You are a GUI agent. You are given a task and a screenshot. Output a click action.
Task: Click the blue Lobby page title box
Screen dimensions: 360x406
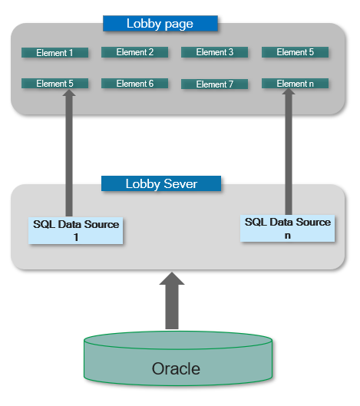[x=160, y=24]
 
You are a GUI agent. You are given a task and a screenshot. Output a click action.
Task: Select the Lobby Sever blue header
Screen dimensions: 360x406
[x=161, y=183]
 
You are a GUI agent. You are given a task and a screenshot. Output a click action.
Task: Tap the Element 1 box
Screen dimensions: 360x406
[x=54, y=52]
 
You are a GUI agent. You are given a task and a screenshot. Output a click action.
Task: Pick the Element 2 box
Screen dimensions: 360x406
[x=134, y=52]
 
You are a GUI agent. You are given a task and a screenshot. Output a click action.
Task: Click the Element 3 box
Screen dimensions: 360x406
[x=214, y=52]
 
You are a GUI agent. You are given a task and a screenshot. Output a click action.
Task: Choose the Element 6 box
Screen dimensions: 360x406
[x=134, y=84]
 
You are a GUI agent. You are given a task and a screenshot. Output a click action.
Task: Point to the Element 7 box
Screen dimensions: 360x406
[x=214, y=84]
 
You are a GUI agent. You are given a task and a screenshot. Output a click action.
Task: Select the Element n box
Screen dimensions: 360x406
[x=295, y=84]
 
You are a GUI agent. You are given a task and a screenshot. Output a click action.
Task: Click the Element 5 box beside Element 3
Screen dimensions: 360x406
[x=295, y=52]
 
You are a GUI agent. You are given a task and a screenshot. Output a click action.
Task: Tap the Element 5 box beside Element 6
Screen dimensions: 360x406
[x=54, y=84]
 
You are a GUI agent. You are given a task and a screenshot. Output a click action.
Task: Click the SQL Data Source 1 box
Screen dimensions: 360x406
[x=76, y=230]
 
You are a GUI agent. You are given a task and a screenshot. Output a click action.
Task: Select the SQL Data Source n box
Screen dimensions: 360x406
[x=288, y=229]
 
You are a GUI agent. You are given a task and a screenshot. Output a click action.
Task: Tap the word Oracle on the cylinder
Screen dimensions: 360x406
[x=176, y=368]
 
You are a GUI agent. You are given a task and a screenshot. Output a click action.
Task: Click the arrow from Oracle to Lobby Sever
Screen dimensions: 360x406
[x=172, y=301]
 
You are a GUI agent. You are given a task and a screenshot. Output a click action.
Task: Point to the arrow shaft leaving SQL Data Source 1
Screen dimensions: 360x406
[x=69, y=156]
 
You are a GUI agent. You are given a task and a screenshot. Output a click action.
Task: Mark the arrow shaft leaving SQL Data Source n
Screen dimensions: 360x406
[x=289, y=154]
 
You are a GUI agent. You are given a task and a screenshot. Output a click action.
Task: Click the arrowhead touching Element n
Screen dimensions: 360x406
[x=289, y=91]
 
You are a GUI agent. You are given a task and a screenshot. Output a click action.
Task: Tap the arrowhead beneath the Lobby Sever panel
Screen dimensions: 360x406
[x=172, y=279]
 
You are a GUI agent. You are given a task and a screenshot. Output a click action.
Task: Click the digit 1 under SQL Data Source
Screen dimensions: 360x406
[x=76, y=237]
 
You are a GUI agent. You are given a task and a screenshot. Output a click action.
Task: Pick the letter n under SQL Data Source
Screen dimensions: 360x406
[x=288, y=236]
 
